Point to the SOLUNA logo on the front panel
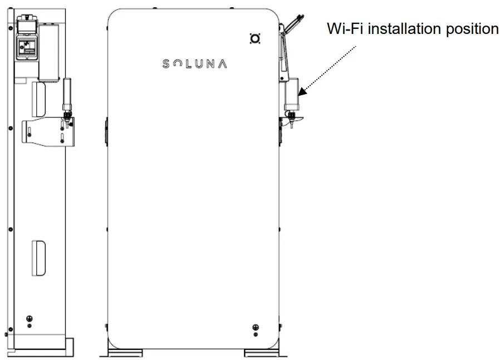coord(194,64)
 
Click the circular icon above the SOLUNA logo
coord(255,38)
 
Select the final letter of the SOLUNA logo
coord(222,64)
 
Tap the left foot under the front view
coord(125,353)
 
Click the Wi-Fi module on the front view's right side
coord(291,95)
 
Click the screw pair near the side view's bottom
coord(29,319)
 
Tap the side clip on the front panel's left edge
coord(105,129)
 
